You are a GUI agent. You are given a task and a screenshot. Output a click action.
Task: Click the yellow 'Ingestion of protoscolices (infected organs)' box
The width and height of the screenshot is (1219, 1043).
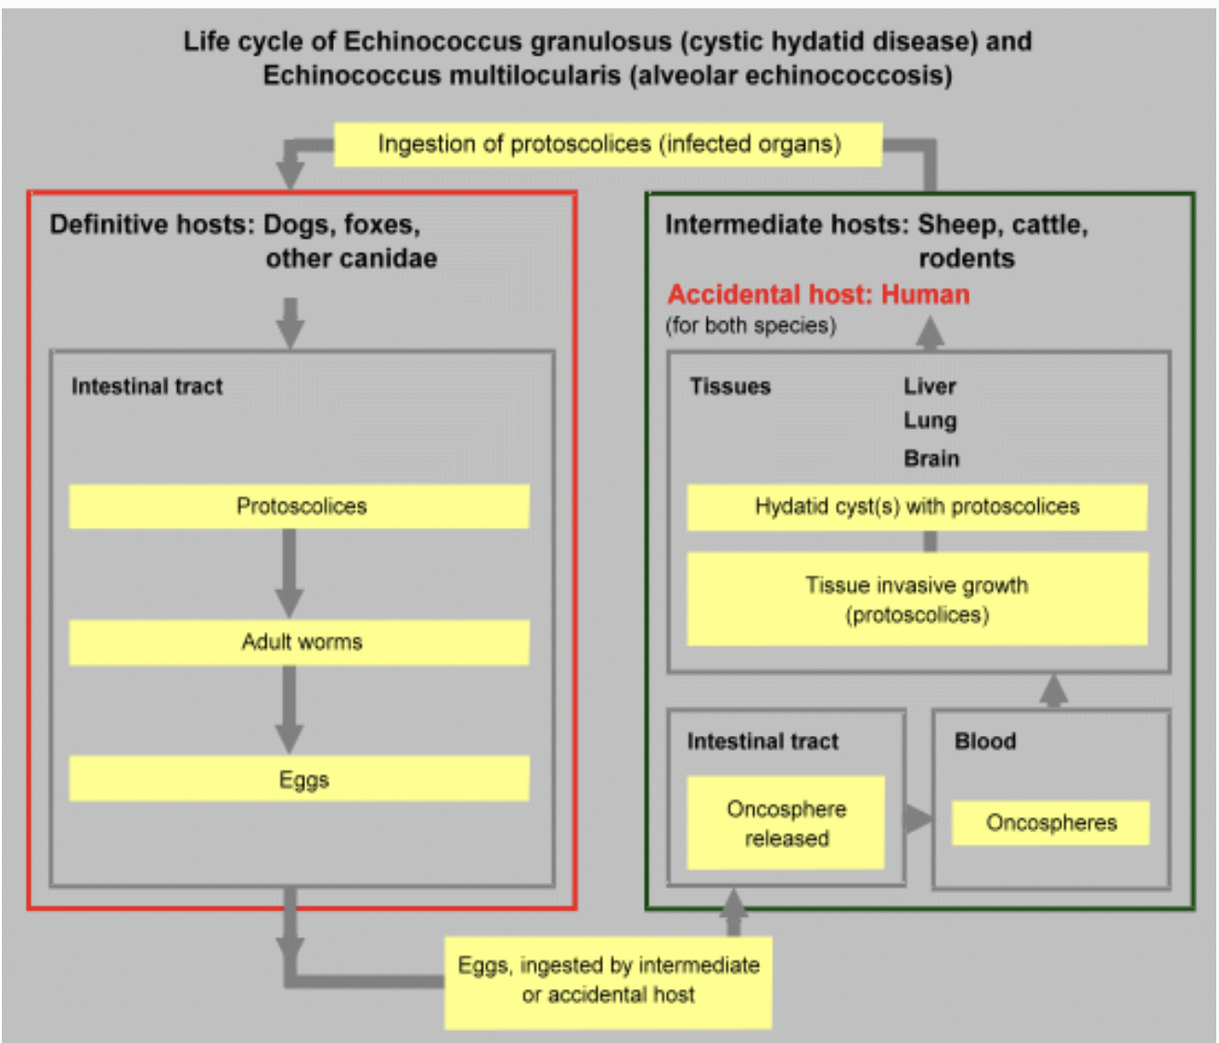point(608,145)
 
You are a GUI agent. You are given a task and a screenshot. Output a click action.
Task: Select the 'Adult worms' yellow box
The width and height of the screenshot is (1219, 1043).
point(299,642)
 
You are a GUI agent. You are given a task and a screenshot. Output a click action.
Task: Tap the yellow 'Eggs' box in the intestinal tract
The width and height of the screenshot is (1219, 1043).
point(299,779)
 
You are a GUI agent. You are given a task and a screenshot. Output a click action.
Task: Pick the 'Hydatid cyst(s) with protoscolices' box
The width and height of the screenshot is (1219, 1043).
point(917,508)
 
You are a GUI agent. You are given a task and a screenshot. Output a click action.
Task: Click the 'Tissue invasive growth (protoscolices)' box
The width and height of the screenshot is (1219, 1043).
point(917,599)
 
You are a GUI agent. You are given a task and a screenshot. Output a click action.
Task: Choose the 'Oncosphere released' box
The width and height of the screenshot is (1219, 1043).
point(786,823)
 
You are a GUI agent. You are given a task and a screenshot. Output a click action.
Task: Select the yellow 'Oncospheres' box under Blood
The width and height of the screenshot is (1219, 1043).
point(1050,823)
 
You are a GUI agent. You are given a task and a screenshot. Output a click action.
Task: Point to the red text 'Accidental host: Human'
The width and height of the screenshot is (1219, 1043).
point(818,294)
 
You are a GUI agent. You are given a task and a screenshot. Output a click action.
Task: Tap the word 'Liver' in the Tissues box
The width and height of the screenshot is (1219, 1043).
point(930,386)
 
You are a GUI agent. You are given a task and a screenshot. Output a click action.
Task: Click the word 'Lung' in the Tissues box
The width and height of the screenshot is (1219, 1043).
point(930,421)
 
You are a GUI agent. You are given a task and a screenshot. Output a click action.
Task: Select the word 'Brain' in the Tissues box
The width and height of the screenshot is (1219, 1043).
point(931,458)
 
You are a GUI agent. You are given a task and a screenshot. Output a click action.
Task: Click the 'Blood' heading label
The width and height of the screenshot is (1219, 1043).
point(985,740)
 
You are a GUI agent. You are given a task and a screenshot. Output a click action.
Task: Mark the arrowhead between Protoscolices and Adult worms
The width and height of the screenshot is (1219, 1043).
point(289,603)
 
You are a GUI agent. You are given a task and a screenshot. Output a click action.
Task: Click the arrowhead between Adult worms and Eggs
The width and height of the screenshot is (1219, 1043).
point(289,740)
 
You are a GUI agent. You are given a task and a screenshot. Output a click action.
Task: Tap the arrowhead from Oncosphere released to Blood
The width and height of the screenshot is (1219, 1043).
point(917,818)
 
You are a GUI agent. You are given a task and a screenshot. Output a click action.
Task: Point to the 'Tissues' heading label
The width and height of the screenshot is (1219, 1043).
point(730,386)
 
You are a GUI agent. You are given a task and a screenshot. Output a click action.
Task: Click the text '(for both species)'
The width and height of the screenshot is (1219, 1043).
point(751,326)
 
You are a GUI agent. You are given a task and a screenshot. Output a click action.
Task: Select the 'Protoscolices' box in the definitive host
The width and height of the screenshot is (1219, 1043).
point(299,506)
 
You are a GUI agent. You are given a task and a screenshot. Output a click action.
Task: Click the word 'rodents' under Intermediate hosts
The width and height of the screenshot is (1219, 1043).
point(967,258)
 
